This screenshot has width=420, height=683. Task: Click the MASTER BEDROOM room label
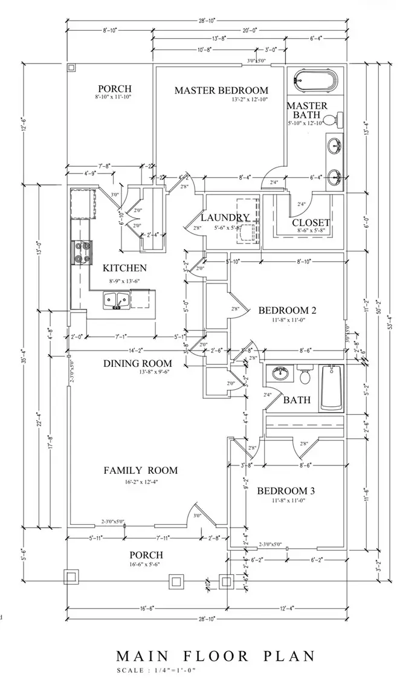(x=221, y=90)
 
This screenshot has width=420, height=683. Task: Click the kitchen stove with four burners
(x=82, y=253)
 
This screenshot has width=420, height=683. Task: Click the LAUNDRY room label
(x=225, y=218)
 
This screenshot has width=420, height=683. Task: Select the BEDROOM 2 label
(x=288, y=311)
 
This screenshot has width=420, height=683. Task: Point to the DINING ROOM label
(x=137, y=363)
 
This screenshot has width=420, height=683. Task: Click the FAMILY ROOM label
(x=140, y=470)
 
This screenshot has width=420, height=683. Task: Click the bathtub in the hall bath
(x=331, y=387)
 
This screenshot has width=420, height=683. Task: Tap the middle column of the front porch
(x=176, y=581)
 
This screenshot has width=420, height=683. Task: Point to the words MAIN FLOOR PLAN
(x=215, y=656)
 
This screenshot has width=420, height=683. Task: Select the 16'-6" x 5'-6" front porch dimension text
(x=146, y=565)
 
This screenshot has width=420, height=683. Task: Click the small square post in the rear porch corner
(x=71, y=67)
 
